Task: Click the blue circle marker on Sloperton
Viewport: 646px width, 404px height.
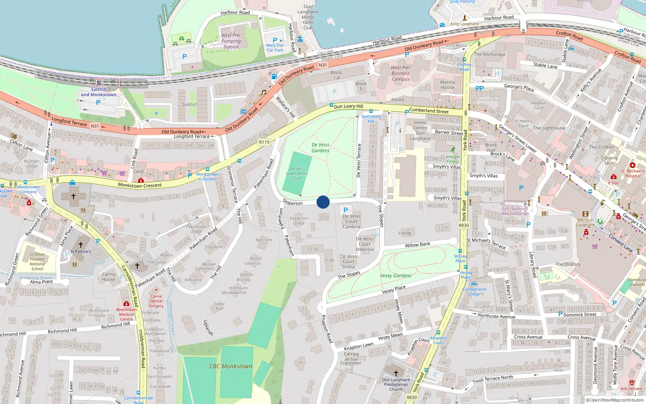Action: [x=323, y=202]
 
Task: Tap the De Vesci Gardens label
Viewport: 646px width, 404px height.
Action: [x=321, y=147]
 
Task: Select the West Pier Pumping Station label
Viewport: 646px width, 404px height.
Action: [x=231, y=41]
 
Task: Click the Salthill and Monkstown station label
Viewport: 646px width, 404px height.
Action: [x=99, y=92]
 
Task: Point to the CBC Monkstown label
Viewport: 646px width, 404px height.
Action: [x=231, y=366]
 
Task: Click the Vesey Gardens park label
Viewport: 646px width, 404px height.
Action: [x=396, y=276]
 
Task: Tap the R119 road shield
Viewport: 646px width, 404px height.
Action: [x=264, y=142]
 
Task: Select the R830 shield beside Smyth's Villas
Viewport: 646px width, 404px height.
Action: [x=464, y=225]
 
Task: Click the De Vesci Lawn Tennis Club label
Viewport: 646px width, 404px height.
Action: [x=297, y=173]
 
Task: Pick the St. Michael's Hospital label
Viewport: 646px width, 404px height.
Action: [x=633, y=173]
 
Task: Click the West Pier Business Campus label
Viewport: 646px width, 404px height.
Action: [x=401, y=73]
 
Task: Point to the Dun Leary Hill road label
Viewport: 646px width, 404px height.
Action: [x=348, y=106]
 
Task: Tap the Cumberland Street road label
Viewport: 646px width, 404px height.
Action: [x=429, y=111]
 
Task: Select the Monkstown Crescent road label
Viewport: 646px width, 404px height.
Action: [x=140, y=185]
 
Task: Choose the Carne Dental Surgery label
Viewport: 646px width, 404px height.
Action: [x=156, y=301]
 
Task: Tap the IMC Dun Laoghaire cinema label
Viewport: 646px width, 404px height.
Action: [x=585, y=223]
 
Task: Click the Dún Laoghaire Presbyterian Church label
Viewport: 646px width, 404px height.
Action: [x=396, y=384]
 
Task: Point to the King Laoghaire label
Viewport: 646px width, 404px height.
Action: [x=465, y=24]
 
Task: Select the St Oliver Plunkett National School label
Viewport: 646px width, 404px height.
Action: [x=37, y=261]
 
